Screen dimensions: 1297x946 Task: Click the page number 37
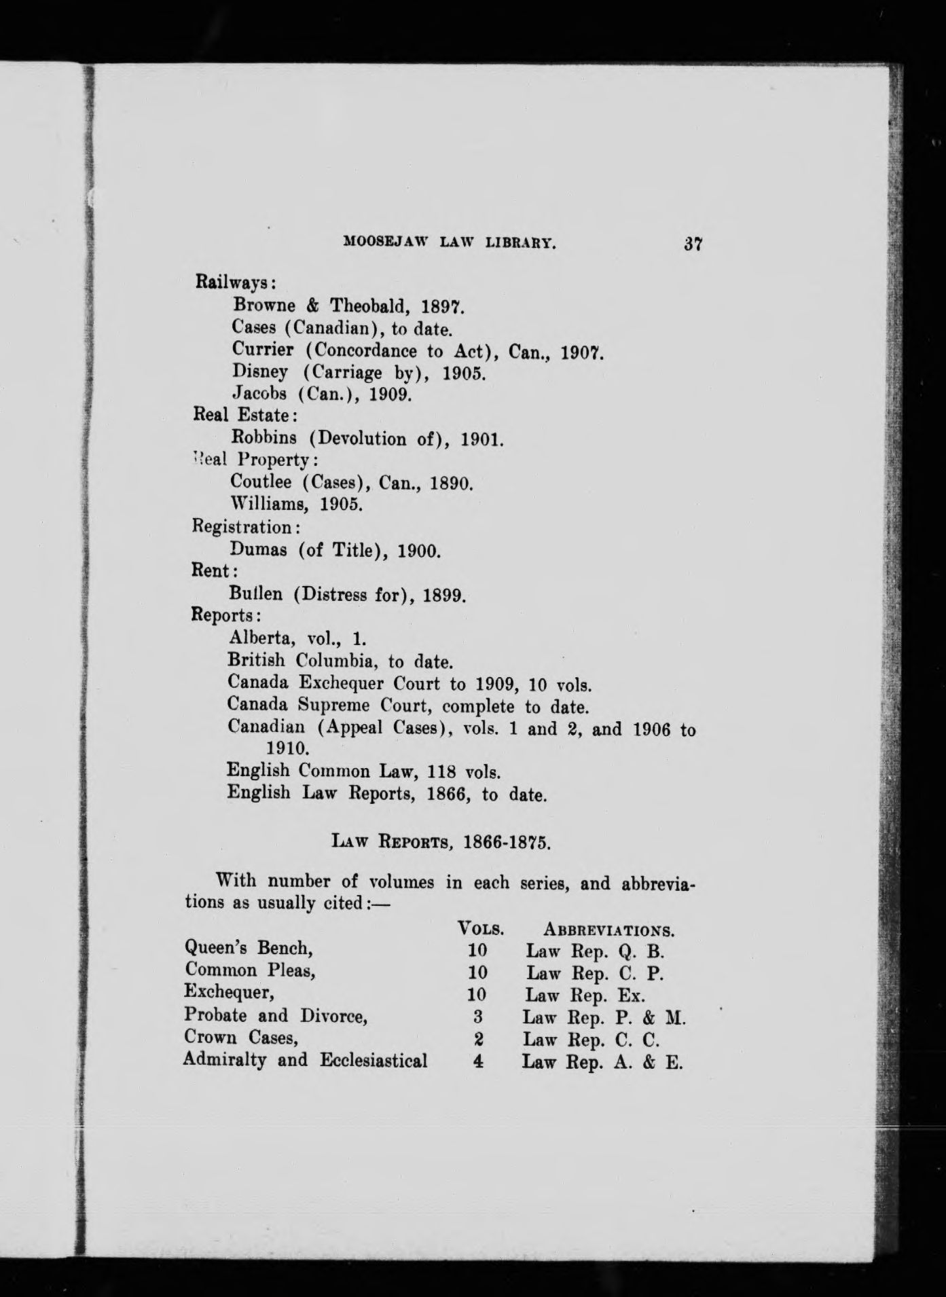(x=693, y=244)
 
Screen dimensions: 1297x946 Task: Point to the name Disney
(x=260, y=371)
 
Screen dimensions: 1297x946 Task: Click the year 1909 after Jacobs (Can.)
(x=390, y=394)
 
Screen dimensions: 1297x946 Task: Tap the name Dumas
(x=258, y=549)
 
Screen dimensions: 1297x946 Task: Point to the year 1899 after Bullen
(x=443, y=595)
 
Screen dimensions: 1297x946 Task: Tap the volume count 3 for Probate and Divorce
(x=478, y=1017)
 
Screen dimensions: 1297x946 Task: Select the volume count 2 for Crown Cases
(x=478, y=1039)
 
